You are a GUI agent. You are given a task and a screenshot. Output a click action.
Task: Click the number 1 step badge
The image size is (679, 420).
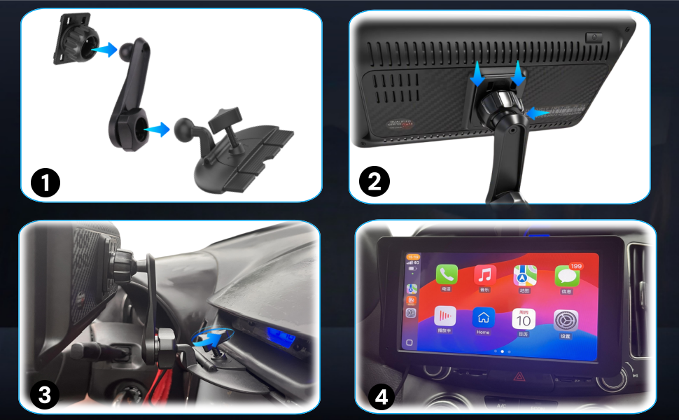coord(45,184)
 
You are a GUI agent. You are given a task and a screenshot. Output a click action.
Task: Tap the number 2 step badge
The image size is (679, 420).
coord(374,183)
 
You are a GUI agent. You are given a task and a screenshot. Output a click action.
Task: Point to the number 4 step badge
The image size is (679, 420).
coord(381,397)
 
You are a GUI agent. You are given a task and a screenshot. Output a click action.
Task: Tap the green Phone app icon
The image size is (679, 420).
coord(447,274)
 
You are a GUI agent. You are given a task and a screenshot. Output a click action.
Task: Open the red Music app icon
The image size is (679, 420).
coord(484,274)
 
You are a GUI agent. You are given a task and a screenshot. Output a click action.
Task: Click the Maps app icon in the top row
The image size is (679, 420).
coord(524,275)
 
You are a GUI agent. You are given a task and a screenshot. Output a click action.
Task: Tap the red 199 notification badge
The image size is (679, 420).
coord(576,267)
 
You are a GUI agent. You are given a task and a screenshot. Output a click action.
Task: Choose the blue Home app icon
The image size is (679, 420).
coord(484,317)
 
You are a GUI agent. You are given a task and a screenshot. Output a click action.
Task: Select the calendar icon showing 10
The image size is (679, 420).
coord(524,319)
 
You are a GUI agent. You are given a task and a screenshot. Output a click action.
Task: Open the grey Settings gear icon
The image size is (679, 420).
coord(566,320)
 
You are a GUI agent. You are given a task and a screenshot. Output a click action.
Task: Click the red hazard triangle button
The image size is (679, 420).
coord(519,376)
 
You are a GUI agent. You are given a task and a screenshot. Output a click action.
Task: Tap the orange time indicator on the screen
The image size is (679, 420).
coord(412,257)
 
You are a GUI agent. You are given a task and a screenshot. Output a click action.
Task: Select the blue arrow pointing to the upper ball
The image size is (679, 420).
coord(104,48)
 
